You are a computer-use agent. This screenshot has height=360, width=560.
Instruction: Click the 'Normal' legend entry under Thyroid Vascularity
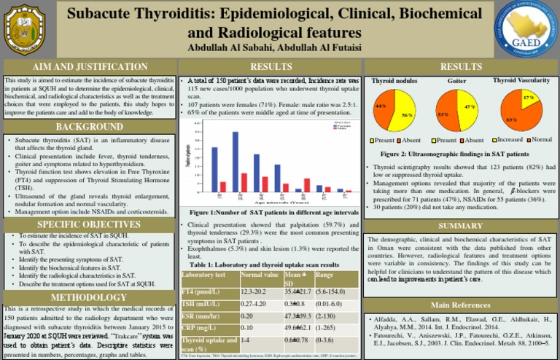539,139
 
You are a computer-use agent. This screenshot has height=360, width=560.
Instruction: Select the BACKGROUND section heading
90,128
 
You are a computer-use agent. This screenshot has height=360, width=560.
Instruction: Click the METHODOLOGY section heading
89,297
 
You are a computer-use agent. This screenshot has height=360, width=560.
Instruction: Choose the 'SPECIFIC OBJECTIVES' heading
89,224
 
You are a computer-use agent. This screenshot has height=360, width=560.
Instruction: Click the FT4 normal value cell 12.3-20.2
257,291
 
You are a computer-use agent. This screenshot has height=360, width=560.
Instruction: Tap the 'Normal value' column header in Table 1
261,275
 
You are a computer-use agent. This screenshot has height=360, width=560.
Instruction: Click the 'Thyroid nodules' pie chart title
394,81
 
